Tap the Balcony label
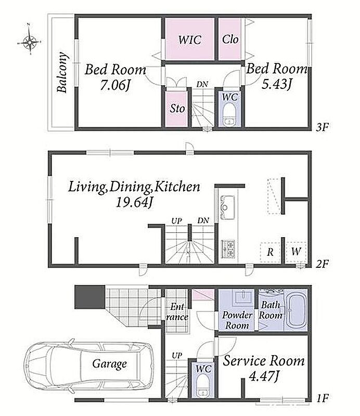point(62,72)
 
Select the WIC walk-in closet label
point(190,40)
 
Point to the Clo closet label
point(230,40)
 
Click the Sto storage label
point(177,109)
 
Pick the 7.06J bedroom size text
point(115,85)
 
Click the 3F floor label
point(323,127)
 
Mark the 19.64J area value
point(134,203)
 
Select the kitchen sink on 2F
point(226,207)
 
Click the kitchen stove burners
point(228,249)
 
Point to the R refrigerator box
point(271,252)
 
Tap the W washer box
point(296,252)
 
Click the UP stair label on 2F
point(176,220)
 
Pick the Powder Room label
point(237,320)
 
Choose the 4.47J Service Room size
point(264,375)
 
